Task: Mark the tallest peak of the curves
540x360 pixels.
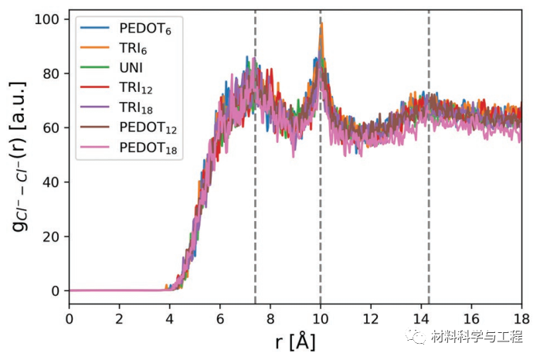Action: pyautogui.click(x=321, y=25)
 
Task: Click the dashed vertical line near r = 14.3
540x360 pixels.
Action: pyautogui.click(x=429, y=193)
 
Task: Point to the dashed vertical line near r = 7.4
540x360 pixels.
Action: pyautogui.click(x=255, y=193)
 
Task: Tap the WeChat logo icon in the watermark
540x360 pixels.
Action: pyautogui.click(x=421, y=338)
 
